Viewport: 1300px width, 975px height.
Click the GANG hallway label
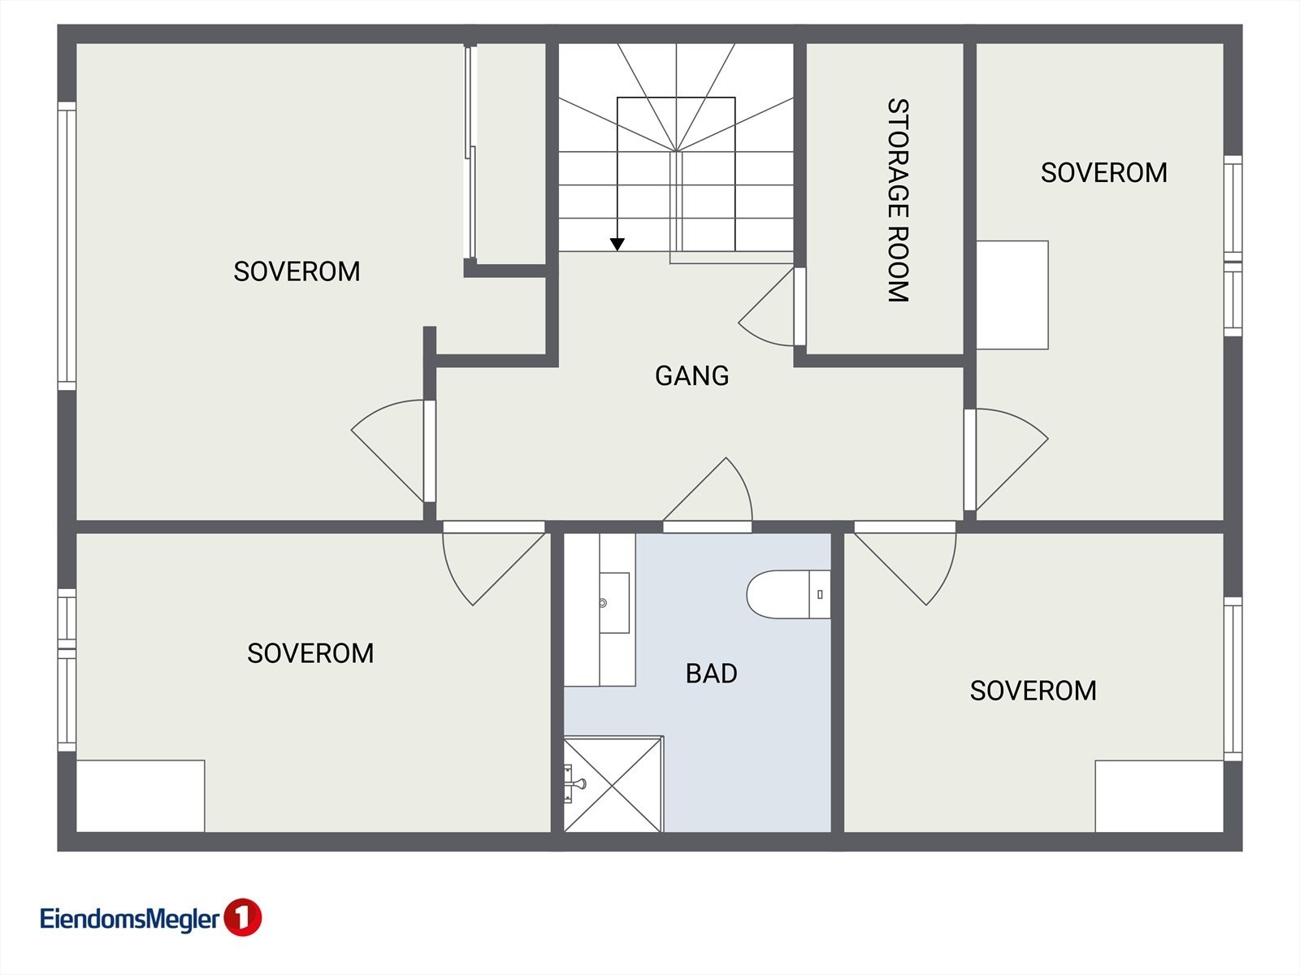pyautogui.click(x=691, y=376)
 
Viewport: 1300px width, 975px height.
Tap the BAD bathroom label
pyautogui.click(x=711, y=674)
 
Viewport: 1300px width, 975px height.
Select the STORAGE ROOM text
pyautogui.click(x=898, y=200)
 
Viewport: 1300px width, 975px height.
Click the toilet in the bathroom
pyautogui.click(x=788, y=595)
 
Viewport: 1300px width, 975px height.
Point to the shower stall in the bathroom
pyautogui.click(x=613, y=784)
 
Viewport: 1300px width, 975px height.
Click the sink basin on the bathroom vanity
pyautogui.click(x=614, y=603)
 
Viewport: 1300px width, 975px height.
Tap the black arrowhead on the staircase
pyautogui.click(x=617, y=244)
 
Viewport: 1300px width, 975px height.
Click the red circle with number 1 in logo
pyautogui.click(x=242, y=917)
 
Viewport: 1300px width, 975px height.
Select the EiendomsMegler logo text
pyautogui.click(x=130, y=919)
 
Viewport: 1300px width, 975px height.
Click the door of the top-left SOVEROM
pyautogui.click(x=394, y=451)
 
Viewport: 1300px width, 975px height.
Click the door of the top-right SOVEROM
pyautogui.click(x=1006, y=459)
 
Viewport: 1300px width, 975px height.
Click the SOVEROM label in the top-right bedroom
pyautogui.click(x=1104, y=173)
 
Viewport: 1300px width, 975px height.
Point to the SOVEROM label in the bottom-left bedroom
pyautogui.click(x=310, y=653)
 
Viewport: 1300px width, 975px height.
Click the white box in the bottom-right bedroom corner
pyautogui.click(x=1159, y=796)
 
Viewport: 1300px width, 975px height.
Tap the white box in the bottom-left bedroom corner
pyautogui.click(x=141, y=796)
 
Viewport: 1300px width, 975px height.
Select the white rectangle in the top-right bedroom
pyautogui.click(x=1012, y=295)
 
